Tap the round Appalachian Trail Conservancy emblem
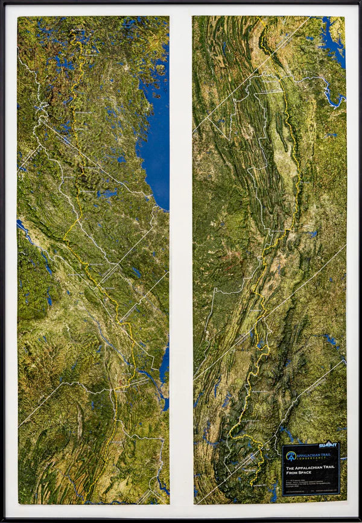[x=291, y=456]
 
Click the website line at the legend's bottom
[x=310, y=492]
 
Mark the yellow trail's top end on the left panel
[x=74, y=30]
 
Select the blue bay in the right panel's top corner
[x=333, y=39]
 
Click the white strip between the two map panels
[x=181, y=259]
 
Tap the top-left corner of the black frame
[x=2, y=2]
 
